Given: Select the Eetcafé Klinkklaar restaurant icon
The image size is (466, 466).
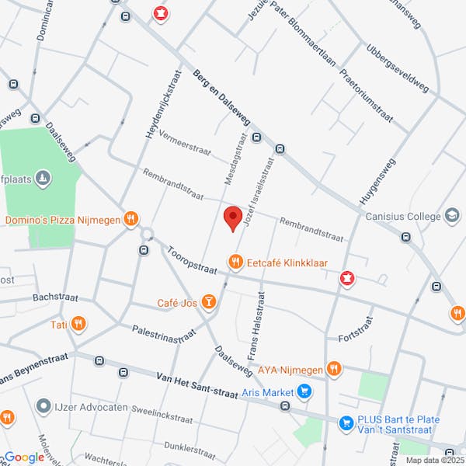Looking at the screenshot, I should tap(235, 262).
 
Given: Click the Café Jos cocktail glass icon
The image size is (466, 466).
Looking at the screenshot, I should tap(208, 301).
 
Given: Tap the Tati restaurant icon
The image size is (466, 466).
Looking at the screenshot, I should tap(77, 325).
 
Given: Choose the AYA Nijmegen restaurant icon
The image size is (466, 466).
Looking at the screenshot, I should tap(334, 368).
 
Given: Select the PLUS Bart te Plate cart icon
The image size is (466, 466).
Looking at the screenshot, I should tap(346, 423).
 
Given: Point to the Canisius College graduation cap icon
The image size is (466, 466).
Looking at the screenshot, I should tap(452, 215).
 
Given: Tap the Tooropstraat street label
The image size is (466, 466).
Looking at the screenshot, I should tap(192, 259).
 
